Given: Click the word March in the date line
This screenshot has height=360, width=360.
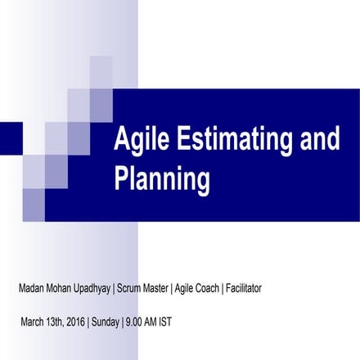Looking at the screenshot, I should click(34, 320).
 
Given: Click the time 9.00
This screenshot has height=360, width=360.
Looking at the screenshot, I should click(135, 320).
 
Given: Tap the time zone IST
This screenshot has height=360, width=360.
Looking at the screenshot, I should click(164, 320).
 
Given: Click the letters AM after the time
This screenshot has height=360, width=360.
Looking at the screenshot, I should click(151, 320).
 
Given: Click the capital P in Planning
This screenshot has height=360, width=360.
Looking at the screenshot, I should click(121, 178).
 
